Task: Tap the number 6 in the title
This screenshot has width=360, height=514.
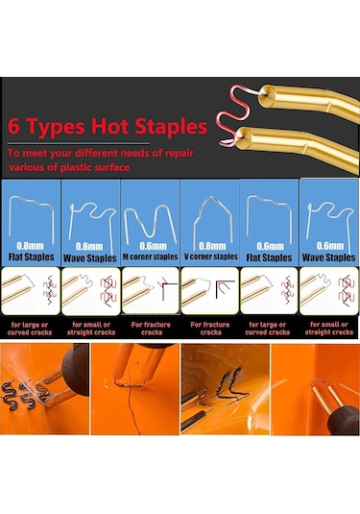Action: click(x=13, y=126)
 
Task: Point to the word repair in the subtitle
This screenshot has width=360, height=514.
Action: click(x=180, y=154)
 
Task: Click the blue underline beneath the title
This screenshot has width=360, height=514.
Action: click(x=79, y=143)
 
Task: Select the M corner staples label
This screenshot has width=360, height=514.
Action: click(x=151, y=257)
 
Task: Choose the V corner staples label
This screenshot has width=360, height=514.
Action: click(x=210, y=257)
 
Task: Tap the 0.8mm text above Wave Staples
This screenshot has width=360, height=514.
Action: click(x=89, y=247)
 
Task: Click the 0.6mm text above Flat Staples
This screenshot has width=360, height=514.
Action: click(x=270, y=247)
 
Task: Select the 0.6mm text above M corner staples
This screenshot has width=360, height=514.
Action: click(x=153, y=246)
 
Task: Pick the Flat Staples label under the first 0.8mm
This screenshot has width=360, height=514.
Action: click(x=31, y=257)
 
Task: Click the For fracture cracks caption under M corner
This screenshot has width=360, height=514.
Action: click(x=151, y=329)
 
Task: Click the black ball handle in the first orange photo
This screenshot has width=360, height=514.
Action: click(x=75, y=371)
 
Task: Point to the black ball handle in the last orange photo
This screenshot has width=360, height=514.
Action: click(x=344, y=420)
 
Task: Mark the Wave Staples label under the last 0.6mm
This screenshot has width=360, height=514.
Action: click(x=328, y=257)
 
